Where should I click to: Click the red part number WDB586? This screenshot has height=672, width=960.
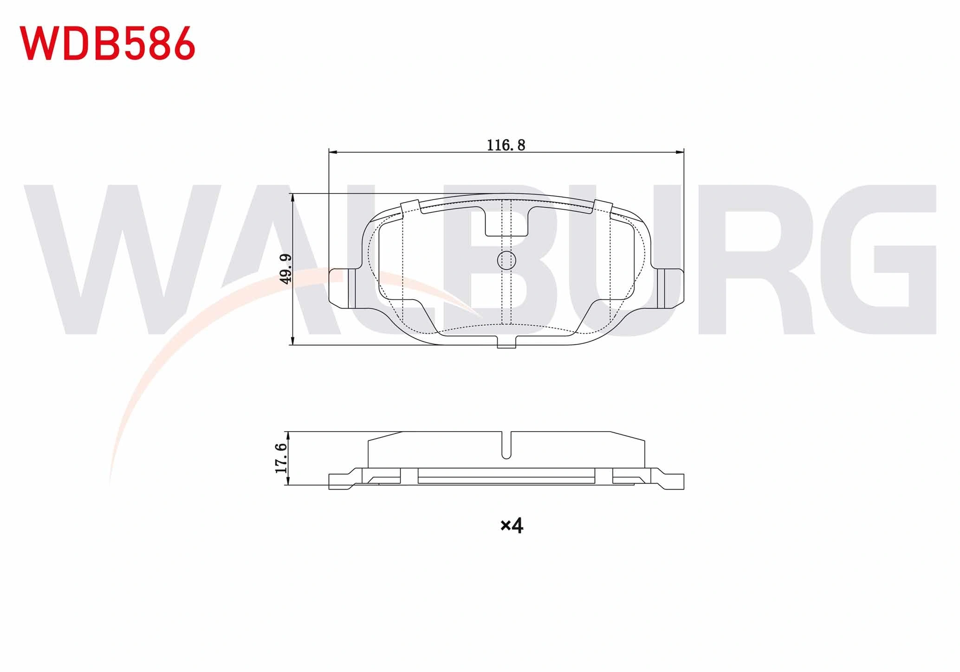(107, 43)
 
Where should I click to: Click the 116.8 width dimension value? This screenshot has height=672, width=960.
(506, 145)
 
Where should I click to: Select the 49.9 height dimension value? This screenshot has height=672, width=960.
(285, 269)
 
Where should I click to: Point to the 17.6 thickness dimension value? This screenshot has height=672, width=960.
(281, 458)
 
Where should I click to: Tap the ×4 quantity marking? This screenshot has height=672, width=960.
(512, 525)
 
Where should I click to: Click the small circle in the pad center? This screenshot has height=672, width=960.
(506, 260)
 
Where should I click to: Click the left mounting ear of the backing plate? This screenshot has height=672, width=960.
(343, 288)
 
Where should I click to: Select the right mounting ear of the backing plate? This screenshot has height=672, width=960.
(671, 288)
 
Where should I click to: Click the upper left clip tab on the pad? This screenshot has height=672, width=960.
(410, 207)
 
